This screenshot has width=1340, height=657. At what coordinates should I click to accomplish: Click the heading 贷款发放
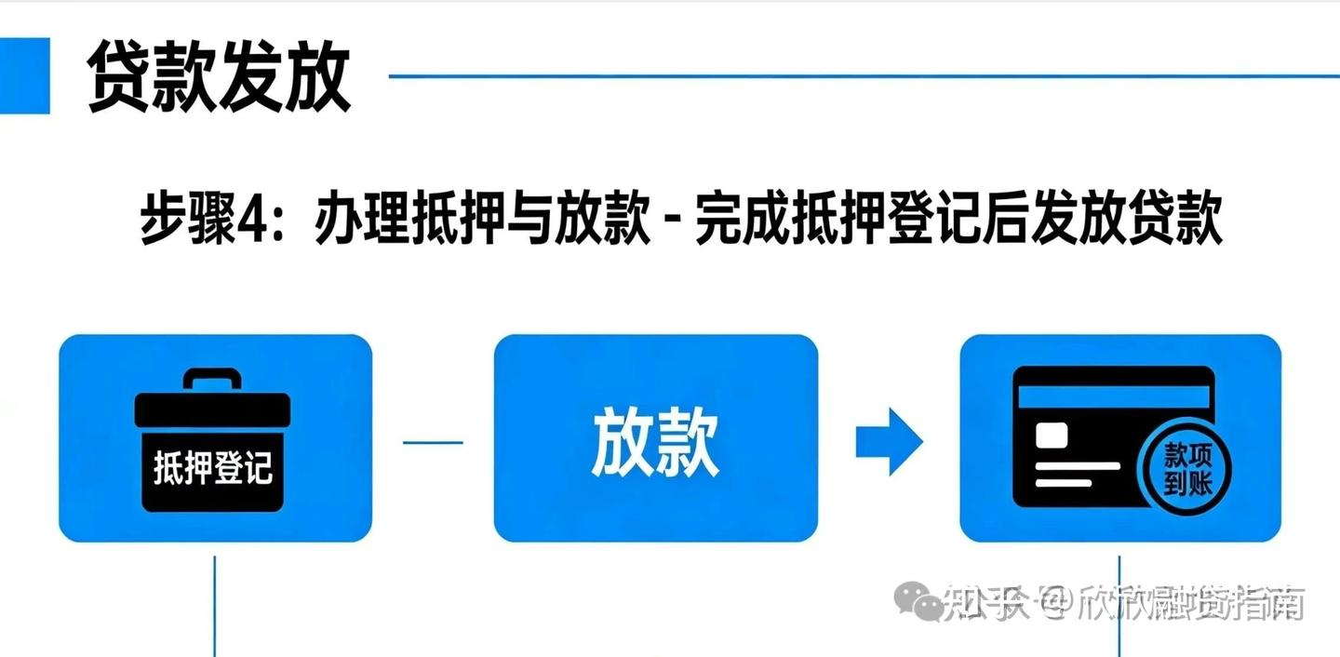point(220,77)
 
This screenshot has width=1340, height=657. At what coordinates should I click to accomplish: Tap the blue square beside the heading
point(25,75)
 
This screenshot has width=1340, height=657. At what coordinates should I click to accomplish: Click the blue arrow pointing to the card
point(889,441)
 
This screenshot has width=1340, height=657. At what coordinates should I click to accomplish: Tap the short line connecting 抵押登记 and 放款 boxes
point(433,442)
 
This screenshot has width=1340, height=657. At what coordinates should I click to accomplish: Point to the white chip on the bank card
point(1052,435)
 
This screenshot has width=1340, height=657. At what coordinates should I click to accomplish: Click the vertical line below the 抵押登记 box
point(215,605)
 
